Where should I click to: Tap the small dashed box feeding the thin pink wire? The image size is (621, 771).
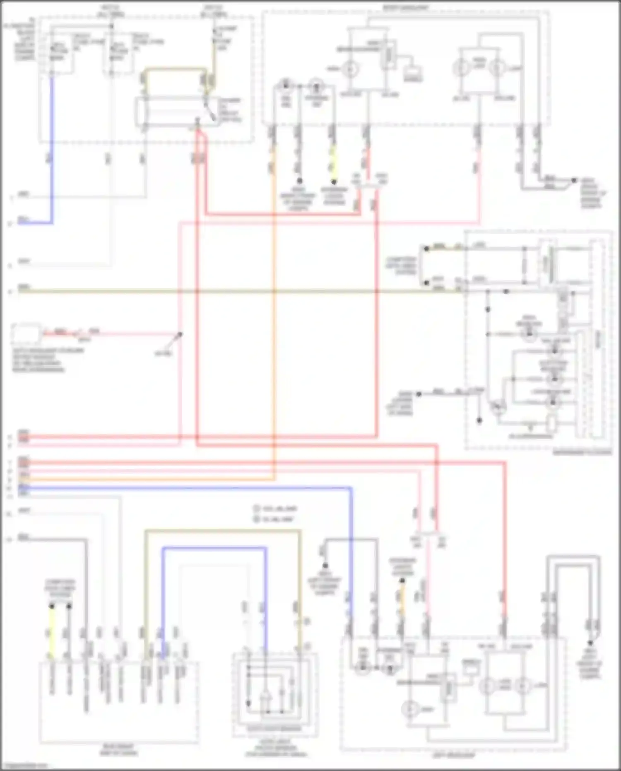[x=26, y=334]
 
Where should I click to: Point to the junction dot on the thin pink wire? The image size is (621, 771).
[x=180, y=334]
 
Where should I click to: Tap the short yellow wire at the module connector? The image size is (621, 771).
[x=52, y=634]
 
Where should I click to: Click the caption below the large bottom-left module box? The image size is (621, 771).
[x=118, y=749]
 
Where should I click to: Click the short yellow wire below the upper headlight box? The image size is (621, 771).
[x=333, y=166]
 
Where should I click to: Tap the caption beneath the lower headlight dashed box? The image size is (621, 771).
[x=454, y=755]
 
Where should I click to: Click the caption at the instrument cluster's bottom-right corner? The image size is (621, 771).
[x=582, y=452]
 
